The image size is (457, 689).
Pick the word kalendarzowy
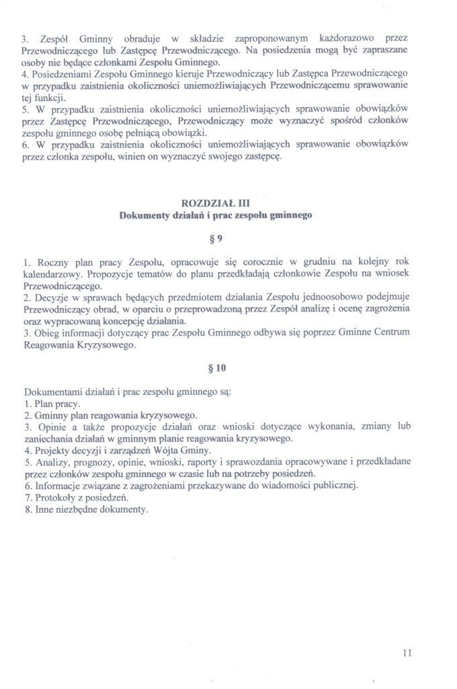pos(53,273)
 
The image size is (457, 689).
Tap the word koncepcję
pos(152,320)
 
